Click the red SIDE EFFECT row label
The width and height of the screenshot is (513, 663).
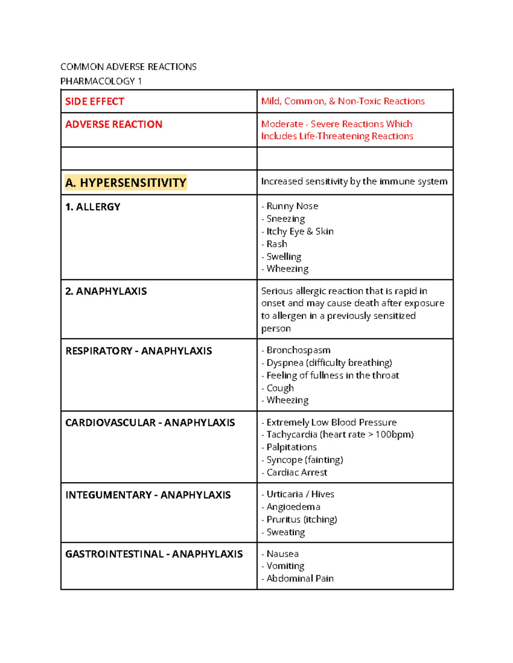point(94,102)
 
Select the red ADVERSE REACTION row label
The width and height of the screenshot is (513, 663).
point(114,124)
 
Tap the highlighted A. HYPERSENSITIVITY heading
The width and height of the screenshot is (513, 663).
point(126,183)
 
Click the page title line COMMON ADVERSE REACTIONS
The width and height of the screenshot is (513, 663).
point(128,67)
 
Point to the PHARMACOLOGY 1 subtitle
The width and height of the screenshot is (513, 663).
point(101,81)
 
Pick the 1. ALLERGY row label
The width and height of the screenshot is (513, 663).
point(93,207)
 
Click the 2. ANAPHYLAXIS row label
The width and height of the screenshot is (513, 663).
point(106,291)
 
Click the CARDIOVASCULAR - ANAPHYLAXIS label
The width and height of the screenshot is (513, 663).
point(150,423)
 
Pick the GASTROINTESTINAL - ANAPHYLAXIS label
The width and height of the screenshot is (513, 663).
point(154,554)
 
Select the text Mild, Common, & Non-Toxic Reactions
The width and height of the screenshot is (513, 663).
point(343,101)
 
